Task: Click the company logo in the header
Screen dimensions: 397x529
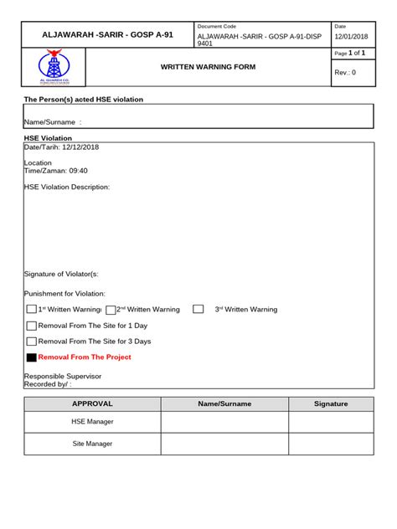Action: tap(54, 69)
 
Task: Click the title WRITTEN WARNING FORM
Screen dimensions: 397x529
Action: tap(208, 66)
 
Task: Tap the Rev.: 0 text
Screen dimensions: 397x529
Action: tap(346, 72)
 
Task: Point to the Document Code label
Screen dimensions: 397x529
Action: tap(217, 26)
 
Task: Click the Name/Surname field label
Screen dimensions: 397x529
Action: tap(53, 122)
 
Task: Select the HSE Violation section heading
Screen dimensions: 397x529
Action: tap(48, 137)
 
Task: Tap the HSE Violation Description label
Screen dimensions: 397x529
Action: tap(67, 187)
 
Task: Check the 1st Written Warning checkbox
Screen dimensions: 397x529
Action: tap(32, 310)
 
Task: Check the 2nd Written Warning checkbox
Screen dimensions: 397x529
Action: tap(111, 310)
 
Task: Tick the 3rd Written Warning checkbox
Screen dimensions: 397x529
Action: tap(198, 309)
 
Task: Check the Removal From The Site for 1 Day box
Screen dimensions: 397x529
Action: tap(32, 326)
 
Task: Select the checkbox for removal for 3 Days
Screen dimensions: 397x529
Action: tap(32, 342)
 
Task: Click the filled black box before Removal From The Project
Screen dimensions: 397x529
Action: tap(32, 357)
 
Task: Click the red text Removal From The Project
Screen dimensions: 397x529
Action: tap(85, 357)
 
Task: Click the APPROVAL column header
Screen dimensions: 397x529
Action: tap(92, 403)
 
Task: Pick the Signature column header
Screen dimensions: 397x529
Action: tap(331, 403)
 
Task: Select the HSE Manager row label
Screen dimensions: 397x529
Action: tap(92, 422)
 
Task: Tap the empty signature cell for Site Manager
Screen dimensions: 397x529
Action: tap(331, 444)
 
